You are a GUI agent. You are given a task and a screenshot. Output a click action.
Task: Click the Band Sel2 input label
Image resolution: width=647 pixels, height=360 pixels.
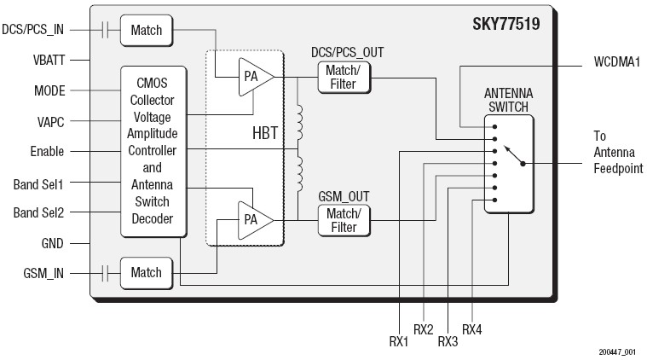40,212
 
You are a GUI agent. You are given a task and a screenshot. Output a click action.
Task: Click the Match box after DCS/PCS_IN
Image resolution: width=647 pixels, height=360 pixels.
146,31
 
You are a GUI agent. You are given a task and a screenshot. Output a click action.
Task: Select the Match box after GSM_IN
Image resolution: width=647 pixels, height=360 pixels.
146,273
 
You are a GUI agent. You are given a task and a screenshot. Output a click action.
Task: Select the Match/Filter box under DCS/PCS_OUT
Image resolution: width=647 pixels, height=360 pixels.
344,78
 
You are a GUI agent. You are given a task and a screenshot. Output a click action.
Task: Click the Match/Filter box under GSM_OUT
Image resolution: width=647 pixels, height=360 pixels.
344,221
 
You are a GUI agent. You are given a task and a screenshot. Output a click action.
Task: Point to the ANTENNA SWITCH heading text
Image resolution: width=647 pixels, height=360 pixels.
506,100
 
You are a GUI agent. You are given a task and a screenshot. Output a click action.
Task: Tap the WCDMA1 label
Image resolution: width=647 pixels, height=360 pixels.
615,62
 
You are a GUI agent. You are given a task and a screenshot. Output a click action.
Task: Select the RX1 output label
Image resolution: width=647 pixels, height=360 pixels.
398,341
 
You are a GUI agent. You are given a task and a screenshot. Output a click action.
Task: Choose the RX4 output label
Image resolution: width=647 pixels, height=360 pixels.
472,329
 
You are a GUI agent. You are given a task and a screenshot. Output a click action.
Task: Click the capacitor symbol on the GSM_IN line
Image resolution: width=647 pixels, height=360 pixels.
105,273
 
